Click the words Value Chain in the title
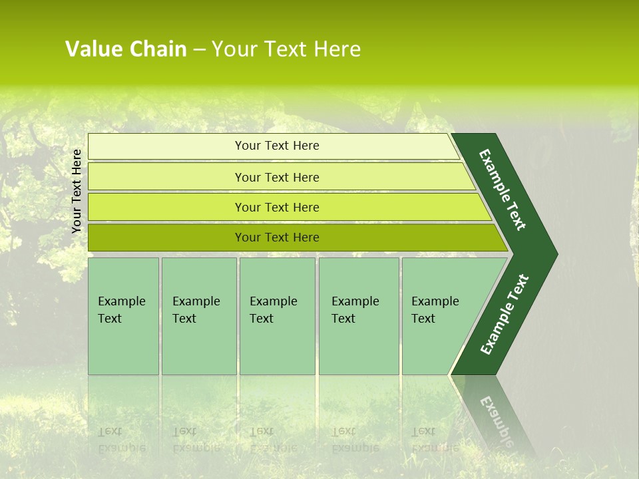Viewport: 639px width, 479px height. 126,49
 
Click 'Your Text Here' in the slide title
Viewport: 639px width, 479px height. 286,49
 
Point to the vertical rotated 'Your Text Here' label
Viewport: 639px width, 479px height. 77,191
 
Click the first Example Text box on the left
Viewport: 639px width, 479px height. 123,316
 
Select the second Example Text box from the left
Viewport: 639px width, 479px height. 198,316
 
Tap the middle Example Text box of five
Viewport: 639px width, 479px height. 277,316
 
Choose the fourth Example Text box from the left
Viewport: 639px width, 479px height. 358,316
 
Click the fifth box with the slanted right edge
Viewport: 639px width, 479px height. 439,316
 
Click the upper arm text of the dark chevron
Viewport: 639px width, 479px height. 503,189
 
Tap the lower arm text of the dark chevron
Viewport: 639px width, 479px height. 504,315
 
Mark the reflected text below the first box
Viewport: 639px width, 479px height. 122,440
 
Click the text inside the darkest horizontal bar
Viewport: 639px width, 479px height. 277,238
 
